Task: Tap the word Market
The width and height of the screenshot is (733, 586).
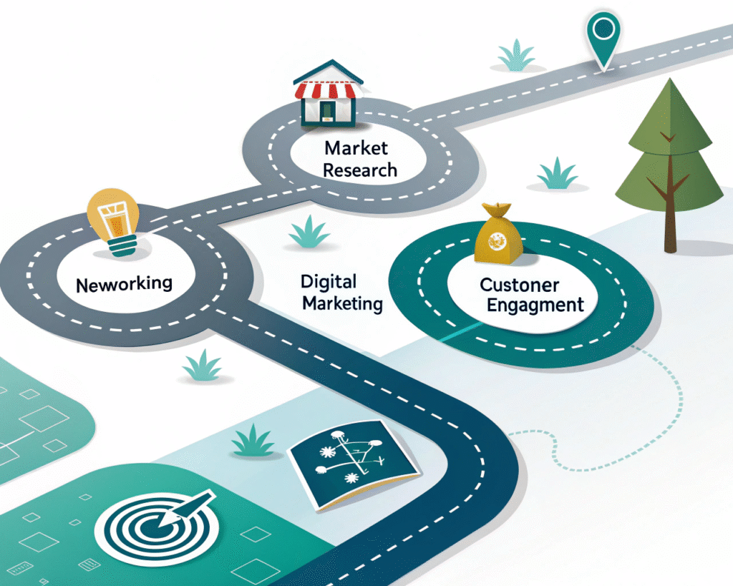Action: (356, 149)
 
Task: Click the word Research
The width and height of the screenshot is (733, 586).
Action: (359, 170)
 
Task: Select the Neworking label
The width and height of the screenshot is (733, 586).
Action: (124, 283)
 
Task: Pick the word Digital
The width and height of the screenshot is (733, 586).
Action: (329, 281)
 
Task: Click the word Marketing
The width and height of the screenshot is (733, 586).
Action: (342, 303)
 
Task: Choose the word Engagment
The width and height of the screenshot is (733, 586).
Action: (535, 306)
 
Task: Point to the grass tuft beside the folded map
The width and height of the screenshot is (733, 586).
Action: (253, 440)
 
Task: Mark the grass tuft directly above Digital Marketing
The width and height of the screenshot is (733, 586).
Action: (309, 233)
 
